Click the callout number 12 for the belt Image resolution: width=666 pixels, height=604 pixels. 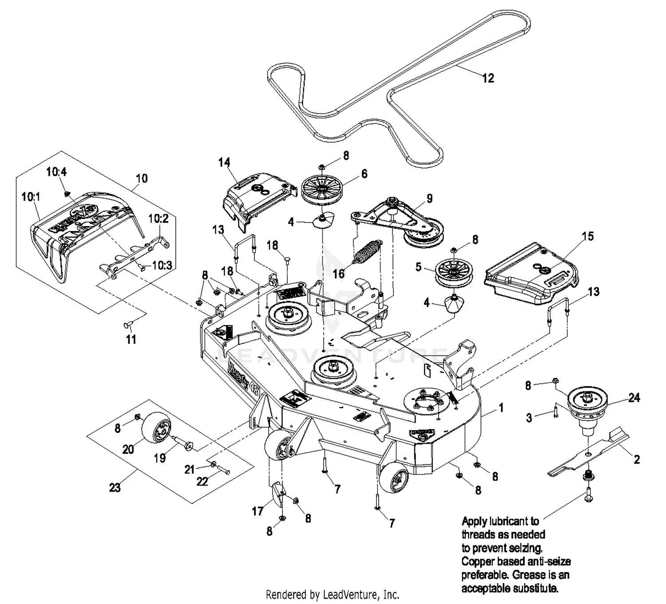point(488,78)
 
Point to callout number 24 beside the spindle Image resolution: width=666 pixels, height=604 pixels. point(634,397)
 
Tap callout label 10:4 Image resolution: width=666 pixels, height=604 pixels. point(56,171)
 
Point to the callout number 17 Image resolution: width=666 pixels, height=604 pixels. point(258,511)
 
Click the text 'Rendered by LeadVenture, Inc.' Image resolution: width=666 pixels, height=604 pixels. point(332,594)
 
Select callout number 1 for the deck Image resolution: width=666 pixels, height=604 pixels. point(501,408)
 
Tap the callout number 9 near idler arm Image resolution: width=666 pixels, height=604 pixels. point(429,198)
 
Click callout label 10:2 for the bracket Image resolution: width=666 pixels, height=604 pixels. point(158,219)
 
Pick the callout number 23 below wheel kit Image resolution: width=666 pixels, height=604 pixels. point(115,488)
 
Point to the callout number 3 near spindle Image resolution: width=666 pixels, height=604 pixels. point(529,417)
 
